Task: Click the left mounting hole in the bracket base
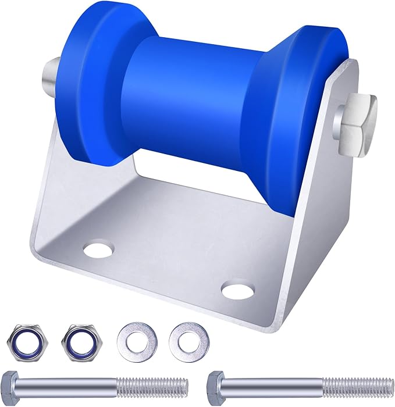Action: [99, 251]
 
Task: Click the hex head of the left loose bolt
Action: [11, 385]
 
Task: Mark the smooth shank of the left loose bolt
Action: [70, 385]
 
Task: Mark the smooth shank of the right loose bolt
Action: [273, 385]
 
